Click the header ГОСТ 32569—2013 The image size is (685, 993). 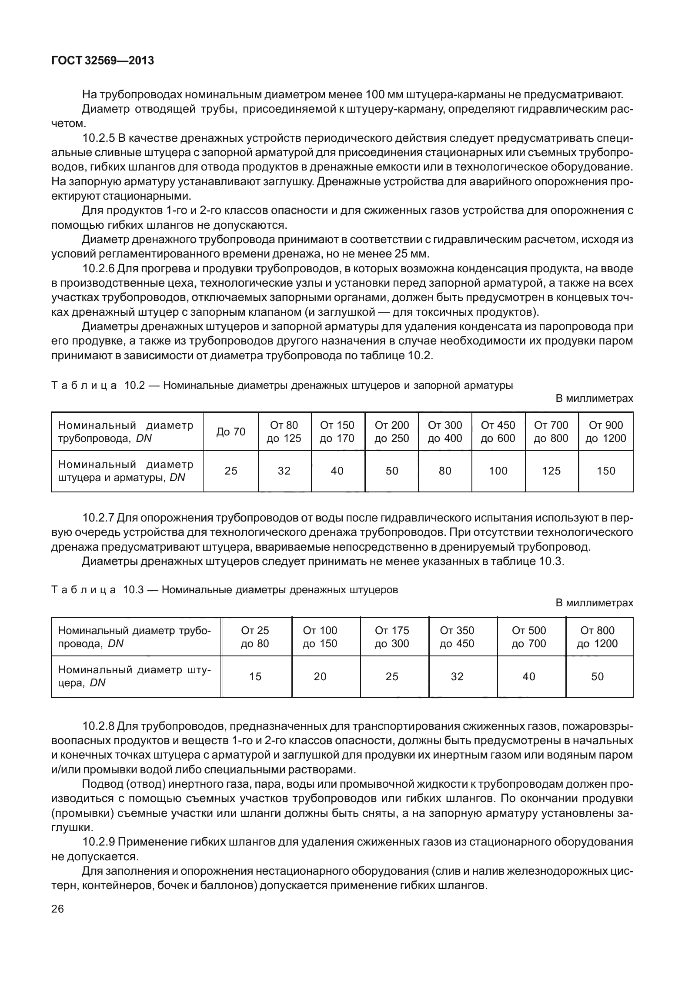pos(103,61)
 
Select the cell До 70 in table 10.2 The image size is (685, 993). pos(231,431)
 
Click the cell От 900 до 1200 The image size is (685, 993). pos(605,431)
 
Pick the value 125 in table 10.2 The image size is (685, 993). pos(551,471)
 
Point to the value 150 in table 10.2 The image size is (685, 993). pos(605,471)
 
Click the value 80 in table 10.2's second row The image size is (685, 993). pos(445,471)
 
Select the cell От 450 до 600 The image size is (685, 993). pos(498,431)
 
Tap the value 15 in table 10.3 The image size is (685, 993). pos(255,676)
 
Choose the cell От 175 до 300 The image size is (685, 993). pos(392,637)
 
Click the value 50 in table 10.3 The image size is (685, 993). pos(598,676)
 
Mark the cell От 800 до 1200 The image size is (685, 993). pos(597,637)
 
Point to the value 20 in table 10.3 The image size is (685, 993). pos(320,676)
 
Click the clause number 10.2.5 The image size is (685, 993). pos(98,139)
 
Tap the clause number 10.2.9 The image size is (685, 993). pos(98,842)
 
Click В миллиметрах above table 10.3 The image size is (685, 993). pos(595,603)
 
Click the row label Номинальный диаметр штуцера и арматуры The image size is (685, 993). pos(126,471)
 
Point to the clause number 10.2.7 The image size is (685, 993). pos(98,518)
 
